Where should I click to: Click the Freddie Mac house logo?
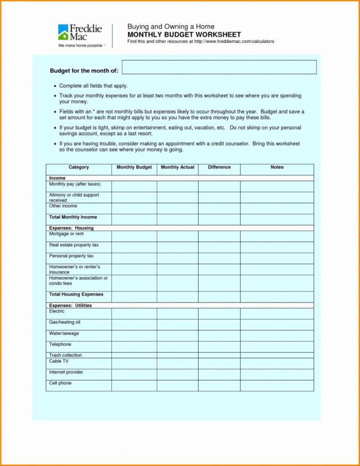(x=63, y=32)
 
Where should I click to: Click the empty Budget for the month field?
(x=219, y=67)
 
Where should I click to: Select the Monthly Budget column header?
(x=134, y=168)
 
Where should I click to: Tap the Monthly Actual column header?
(x=178, y=168)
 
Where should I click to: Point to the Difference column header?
(x=219, y=168)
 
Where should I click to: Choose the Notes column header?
(x=277, y=168)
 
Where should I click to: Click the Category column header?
(x=79, y=168)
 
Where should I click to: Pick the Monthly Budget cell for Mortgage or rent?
(x=134, y=236)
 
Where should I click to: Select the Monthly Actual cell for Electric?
(x=178, y=313)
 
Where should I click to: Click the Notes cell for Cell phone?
(x=277, y=385)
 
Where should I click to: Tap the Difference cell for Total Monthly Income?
(x=219, y=220)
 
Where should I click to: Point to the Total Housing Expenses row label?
(x=76, y=294)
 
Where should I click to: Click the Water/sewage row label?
(x=64, y=333)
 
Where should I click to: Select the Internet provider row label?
(x=66, y=372)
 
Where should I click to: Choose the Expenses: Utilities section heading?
(x=70, y=306)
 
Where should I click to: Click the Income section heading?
(x=57, y=178)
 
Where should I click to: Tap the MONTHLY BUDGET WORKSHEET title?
(x=184, y=35)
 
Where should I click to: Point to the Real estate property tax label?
(x=73, y=245)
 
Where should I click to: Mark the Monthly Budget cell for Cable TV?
(x=134, y=363)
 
